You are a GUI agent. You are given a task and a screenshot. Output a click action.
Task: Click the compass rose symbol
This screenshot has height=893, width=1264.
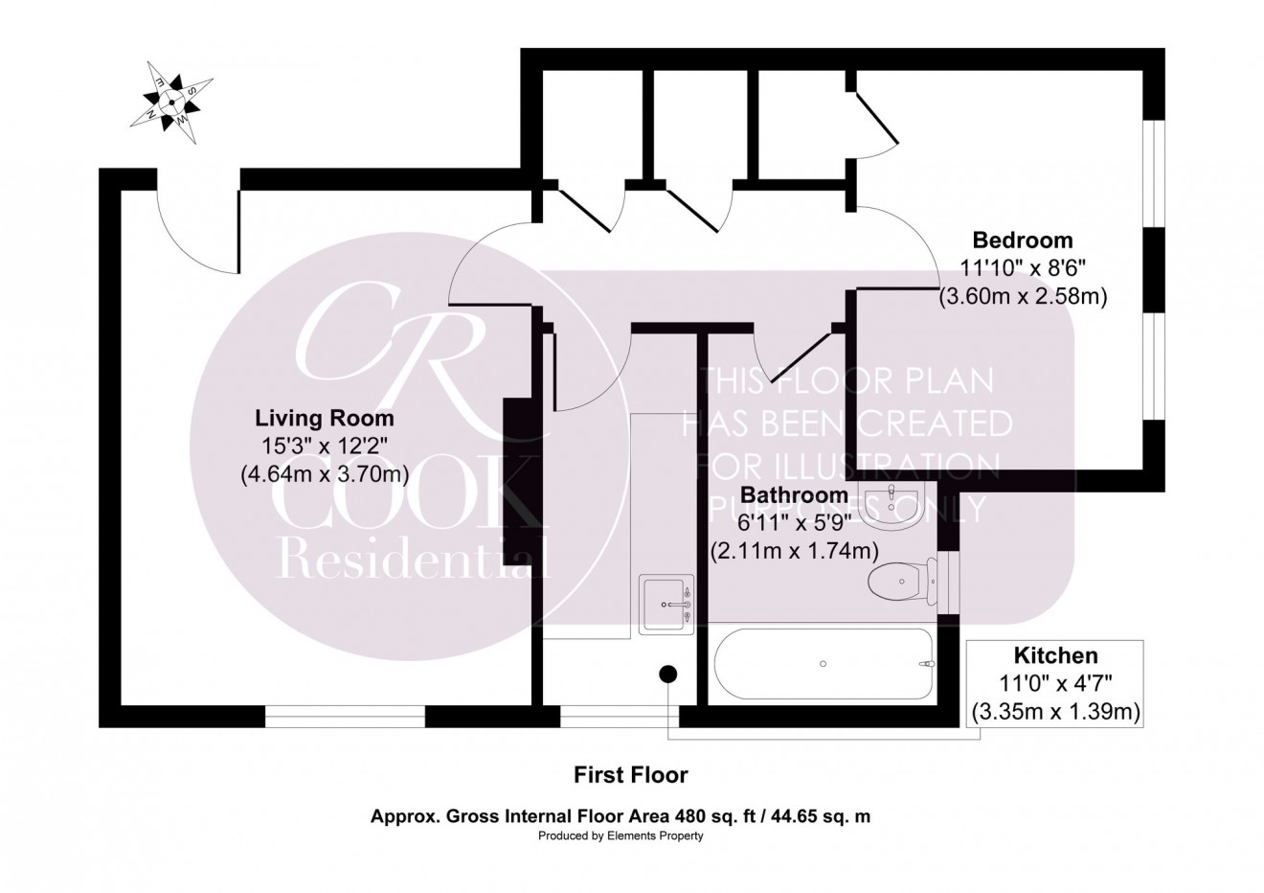point(171,101)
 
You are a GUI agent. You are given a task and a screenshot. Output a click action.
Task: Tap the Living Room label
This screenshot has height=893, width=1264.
point(324,419)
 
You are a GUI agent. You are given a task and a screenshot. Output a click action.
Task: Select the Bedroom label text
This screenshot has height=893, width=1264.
point(1023,240)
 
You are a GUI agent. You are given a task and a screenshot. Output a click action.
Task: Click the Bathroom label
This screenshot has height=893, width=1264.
point(794,495)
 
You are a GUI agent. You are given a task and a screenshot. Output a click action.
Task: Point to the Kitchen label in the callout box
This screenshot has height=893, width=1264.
point(1055,656)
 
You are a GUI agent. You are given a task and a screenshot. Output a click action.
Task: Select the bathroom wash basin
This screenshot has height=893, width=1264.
point(890,505)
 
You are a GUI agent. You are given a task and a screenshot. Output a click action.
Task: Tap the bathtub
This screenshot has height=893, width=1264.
point(823,663)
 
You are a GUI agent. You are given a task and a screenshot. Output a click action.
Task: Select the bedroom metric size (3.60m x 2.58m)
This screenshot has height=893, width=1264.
point(1023,297)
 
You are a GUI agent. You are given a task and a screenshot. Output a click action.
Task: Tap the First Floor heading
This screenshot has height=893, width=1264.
point(630,773)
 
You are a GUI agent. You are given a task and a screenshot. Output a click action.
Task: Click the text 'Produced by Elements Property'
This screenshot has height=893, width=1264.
point(621,836)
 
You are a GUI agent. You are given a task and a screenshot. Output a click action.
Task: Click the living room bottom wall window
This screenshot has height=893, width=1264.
point(345,715)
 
